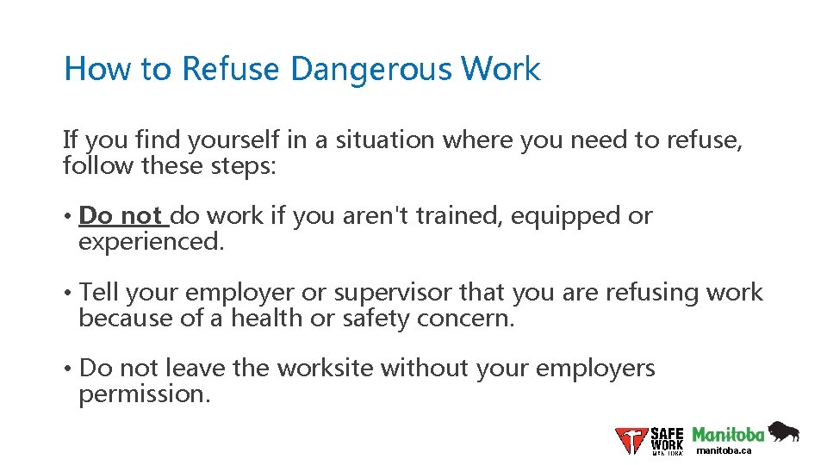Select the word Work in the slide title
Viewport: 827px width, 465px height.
click(501, 69)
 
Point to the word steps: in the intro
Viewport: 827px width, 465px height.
click(245, 164)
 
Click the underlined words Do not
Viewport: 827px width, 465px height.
click(121, 215)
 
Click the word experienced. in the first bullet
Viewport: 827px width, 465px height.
click(152, 241)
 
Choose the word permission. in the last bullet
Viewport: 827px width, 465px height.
click(145, 394)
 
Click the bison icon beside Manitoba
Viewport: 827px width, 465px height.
click(783, 431)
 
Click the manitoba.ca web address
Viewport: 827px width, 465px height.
click(724, 450)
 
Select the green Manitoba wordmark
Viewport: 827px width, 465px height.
click(728, 433)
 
